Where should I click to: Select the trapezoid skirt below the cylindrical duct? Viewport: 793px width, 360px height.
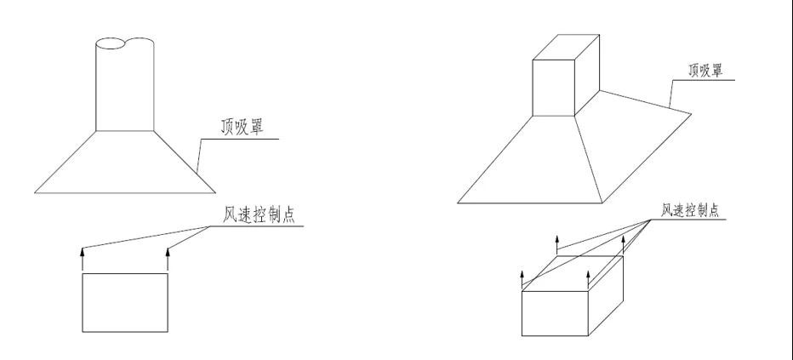[124, 162]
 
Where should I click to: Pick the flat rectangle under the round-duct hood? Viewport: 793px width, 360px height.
[124, 302]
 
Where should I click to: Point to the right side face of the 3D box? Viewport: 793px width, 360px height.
[607, 294]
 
